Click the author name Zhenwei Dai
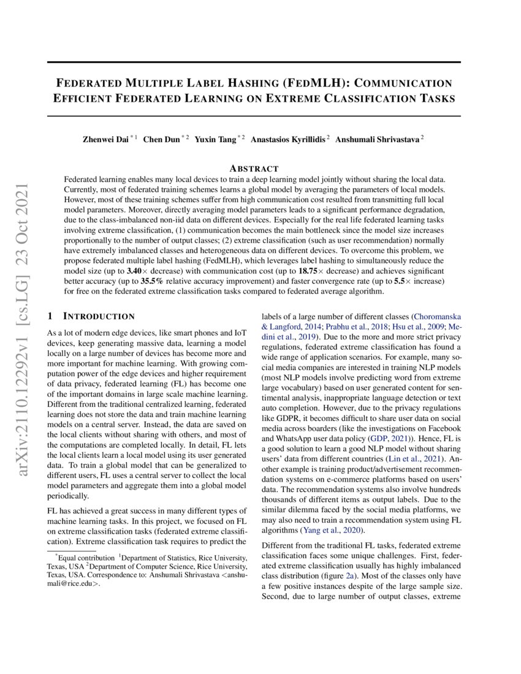coord(105,139)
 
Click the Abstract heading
coord(254,168)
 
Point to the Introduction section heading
coord(99,316)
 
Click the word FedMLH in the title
coord(299,83)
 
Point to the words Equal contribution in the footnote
coord(85,558)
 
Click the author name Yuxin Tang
coord(216,139)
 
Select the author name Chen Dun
coord(160,139)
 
